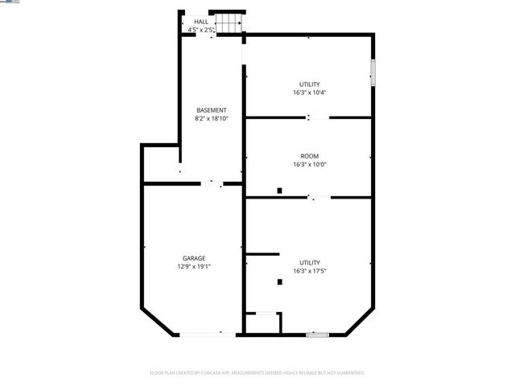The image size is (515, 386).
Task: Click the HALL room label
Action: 201,23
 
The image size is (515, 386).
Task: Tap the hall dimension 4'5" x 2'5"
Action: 201,30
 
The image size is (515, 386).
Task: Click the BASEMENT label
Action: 212,110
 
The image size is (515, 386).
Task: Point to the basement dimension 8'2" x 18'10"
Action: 212,118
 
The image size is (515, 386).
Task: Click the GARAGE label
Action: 193,259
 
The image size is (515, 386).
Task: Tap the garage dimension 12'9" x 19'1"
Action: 194,267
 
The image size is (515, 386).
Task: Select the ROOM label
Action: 309,157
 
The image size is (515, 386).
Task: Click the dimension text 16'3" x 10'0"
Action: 309,165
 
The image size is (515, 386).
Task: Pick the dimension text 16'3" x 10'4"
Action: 309,92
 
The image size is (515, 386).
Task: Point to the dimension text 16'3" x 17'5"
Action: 309,271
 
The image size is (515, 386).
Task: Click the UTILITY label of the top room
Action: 309,84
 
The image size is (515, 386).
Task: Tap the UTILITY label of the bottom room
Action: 309,263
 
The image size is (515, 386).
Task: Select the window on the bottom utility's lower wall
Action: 318,334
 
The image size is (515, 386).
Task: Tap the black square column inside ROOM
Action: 278,191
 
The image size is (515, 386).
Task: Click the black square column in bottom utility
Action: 278,281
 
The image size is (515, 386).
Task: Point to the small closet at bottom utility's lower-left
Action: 263,323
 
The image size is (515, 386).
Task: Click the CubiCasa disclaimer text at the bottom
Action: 257,373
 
